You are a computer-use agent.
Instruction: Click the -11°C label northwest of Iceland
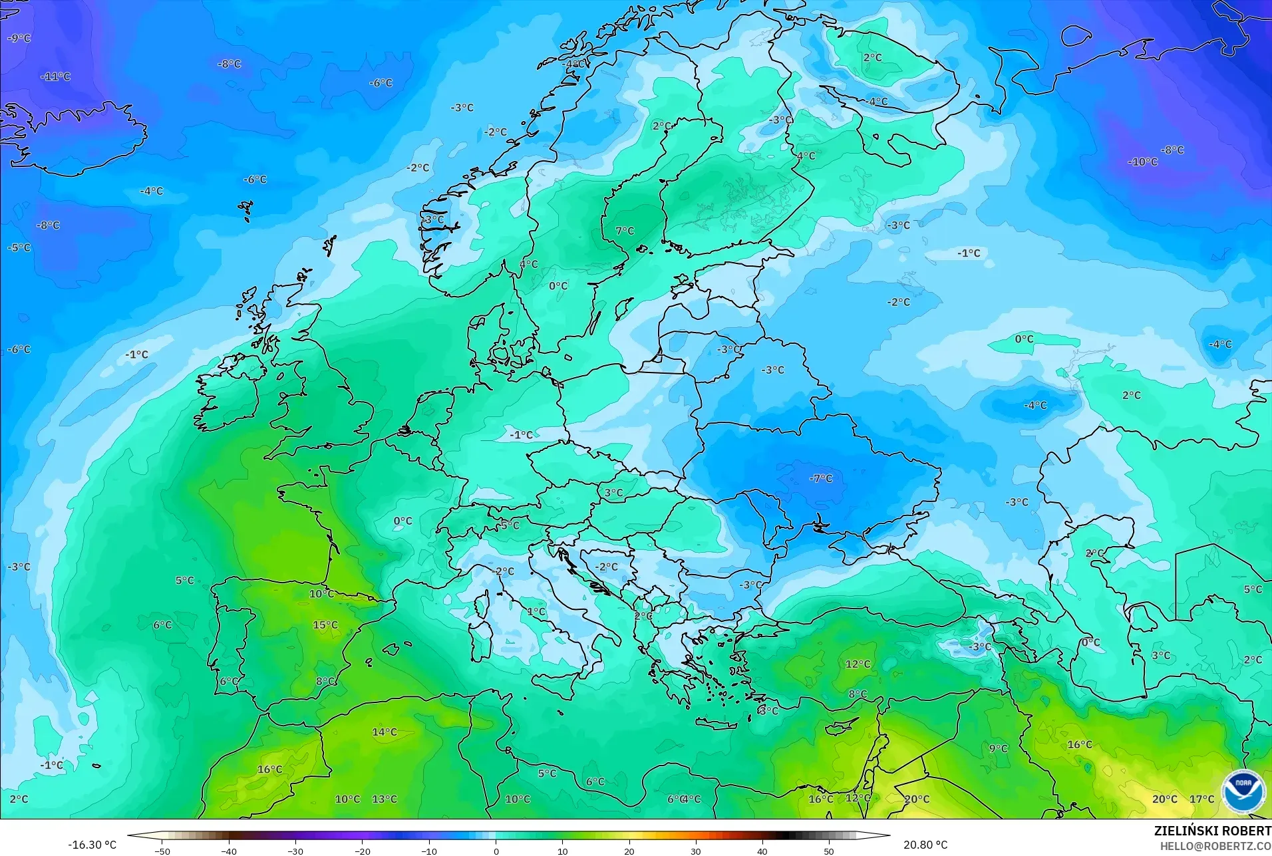click(x=56, y=76)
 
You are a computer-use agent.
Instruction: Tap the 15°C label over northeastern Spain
click(x=325, y=625)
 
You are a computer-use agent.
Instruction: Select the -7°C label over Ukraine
click(x=821, y=478)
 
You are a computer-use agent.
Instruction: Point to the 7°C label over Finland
click(x=625, y=231)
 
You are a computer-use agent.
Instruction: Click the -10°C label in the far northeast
click(x=1143, y=162)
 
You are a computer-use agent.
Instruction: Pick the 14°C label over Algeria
click(x=385, y=732)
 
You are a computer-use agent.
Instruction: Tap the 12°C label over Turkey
click(x=858, y=664)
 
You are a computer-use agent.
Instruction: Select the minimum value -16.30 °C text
click(x=92, y=845)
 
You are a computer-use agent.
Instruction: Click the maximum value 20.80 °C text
click(x=925, y=845)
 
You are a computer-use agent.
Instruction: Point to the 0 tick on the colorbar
click(x=496, y=851)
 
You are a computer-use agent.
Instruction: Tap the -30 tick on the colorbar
click(x=295, y=851)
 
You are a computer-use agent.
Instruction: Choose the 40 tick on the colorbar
click(x=762, y=851)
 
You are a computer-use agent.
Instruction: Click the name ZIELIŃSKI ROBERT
click(x=1212, y=831)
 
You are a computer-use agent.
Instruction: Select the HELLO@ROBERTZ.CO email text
click(x=1215, y=846)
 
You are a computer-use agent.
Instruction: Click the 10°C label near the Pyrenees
click(x=321, y=593)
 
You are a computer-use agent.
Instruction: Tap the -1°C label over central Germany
click(x=522, y=435)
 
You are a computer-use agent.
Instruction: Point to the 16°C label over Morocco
click(x=270, y=770)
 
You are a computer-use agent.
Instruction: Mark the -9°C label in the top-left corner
click(x=19, y=39)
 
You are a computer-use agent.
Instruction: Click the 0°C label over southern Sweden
click(x=558, y=286)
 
